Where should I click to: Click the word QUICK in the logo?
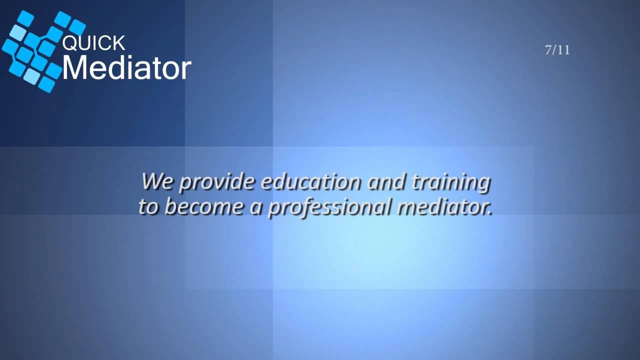pos(93,43)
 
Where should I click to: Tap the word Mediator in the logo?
pos(126,68)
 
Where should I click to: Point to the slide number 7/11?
pos(557,50)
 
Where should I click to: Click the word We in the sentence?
pos(157,181)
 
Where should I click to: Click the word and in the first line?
pos(386,181)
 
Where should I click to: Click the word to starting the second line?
pos(148,206)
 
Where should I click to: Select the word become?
pos(204,206)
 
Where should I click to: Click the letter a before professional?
pos(255,207)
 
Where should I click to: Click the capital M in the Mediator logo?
pos(73,68)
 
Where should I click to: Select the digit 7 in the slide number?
pos(548,50)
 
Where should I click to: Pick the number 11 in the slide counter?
pos(564,50)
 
